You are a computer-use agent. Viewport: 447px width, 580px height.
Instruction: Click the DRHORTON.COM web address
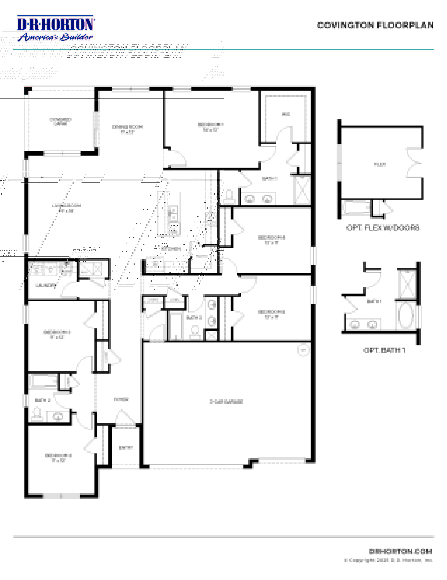click(x=400, y=551)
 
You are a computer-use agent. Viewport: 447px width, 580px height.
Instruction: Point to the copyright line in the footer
click(x=388, y=560)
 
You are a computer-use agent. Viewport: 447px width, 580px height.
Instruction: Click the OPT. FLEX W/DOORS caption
click(x=383, y=228)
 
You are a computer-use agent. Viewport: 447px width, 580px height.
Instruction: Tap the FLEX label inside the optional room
click(x=380, y=164)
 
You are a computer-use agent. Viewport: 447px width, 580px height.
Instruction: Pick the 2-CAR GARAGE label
click(x=226, y=401)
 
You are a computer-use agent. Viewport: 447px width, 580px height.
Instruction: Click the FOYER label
click(x=121, y=399)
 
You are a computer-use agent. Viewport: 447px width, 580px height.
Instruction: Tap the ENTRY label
click(x=126, y=448)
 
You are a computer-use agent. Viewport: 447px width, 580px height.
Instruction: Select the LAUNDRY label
click(x=46, y=286)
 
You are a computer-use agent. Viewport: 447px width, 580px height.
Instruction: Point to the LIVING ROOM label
click(x=66, y=205)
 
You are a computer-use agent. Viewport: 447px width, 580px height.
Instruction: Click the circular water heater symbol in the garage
click(x=303, y=350)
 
